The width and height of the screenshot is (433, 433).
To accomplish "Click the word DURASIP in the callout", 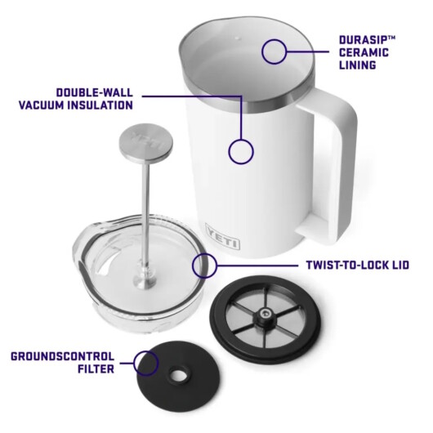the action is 362,40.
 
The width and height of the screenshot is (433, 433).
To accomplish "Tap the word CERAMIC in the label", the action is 364,53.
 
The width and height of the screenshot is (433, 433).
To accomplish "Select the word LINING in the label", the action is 357,65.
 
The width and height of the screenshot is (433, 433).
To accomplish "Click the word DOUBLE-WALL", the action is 95,92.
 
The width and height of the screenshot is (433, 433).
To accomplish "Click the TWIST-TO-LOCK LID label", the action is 357,265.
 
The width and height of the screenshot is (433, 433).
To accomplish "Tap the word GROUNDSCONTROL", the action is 62,356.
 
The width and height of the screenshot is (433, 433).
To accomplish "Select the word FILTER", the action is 96,369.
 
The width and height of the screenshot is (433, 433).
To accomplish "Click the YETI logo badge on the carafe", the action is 222,236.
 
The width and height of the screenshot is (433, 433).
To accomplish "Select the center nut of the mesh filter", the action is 265,315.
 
